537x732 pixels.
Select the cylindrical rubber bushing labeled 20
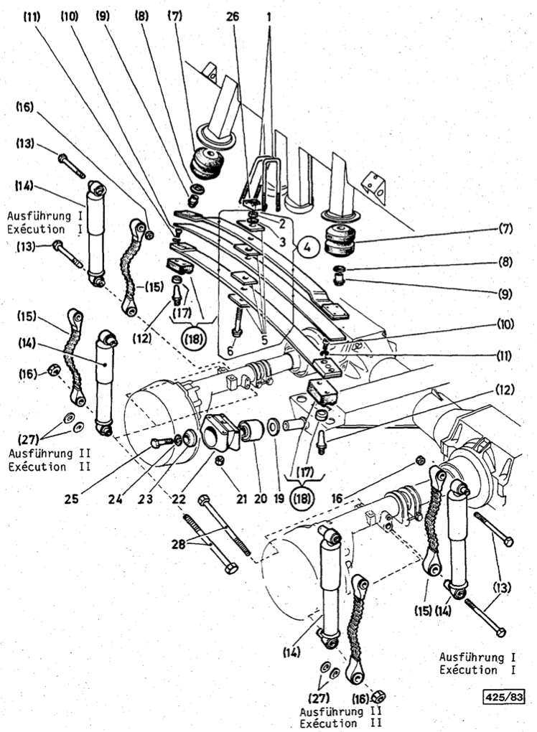[x=254, y=432]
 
